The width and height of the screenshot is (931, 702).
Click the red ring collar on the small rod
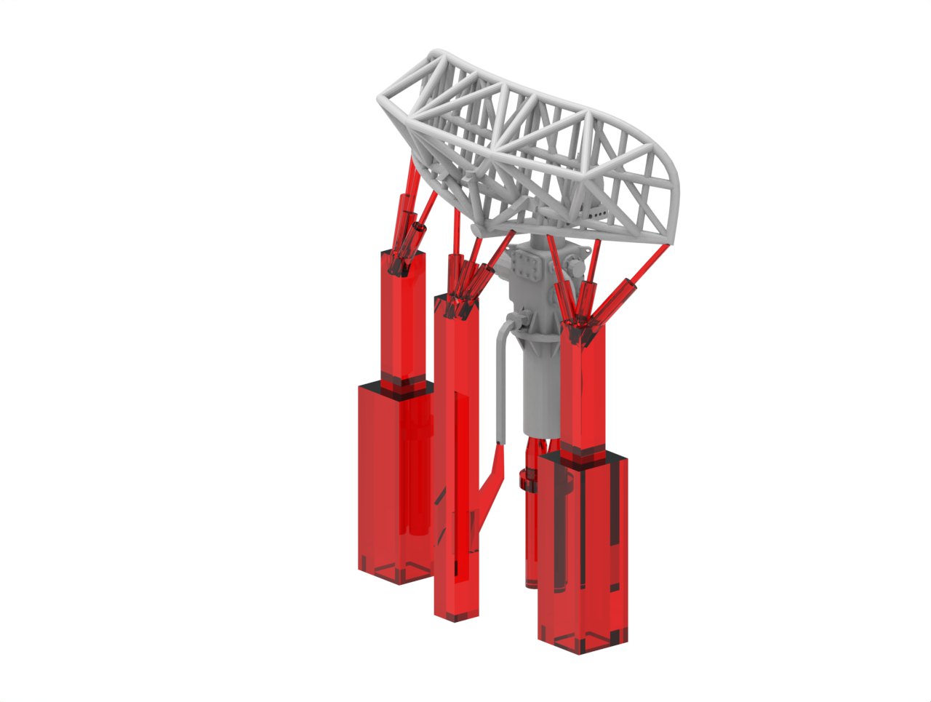(x=525, y=479)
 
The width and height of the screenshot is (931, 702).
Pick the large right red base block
(x=582, y=553)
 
